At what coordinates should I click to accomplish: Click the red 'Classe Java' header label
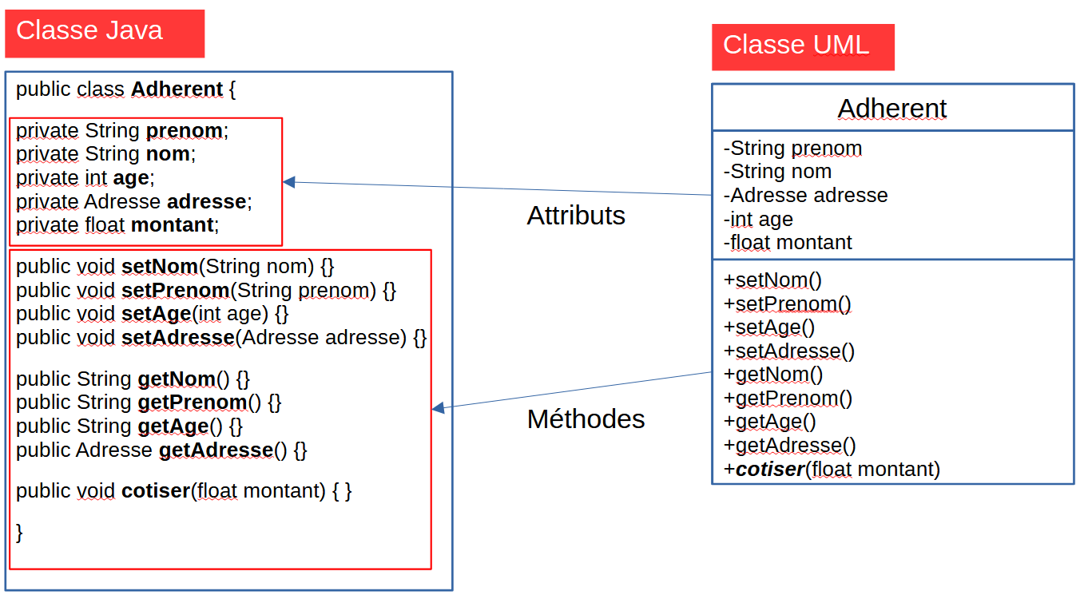click(89, 31)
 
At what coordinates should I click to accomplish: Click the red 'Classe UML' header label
click(796, 45)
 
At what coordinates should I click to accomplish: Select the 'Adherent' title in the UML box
click(892, 109)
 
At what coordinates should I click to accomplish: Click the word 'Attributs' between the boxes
click(576, 216)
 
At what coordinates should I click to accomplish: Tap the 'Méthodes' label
click(586, 419)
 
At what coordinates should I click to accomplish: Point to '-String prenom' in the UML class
click(792, 149)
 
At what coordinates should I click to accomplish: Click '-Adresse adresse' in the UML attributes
click(805, 196)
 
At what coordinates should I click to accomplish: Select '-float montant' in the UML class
click(788, 242)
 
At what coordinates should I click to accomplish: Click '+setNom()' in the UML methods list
click(772, 280)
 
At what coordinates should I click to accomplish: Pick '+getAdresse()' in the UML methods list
click(789, 446)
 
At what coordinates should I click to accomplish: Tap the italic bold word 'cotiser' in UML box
click(769, 470)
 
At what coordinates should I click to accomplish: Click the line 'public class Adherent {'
click(125, 89)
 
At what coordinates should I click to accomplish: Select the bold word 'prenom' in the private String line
click(185, 130)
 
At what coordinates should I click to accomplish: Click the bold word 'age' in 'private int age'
click(131, 177)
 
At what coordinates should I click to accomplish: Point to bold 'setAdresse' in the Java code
click(177, 338)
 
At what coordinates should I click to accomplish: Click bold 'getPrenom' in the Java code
click(192, 402)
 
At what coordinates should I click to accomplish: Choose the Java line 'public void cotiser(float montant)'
click(184, 490)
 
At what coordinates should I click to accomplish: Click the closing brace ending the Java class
click(20, 533)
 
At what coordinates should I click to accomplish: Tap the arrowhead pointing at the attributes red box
click(289, 182)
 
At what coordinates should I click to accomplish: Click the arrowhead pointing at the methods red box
click(438, 409)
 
